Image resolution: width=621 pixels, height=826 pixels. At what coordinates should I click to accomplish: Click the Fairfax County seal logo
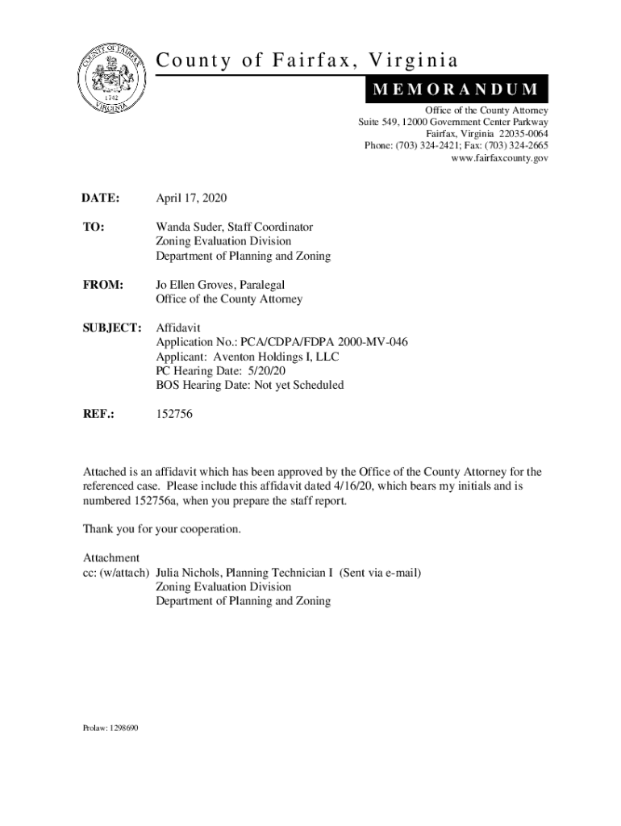[112, 82]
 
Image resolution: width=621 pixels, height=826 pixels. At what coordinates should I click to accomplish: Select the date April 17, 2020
[192, 198]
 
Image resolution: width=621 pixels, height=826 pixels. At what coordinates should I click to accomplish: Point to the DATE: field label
[101, 198]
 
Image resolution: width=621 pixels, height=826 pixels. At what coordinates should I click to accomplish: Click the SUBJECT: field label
[113, 328]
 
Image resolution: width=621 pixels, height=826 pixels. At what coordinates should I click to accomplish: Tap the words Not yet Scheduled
[300, 386]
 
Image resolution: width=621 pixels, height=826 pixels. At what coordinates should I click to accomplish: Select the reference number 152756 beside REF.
[174, 414]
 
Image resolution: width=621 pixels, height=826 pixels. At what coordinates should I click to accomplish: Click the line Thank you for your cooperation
[161, 529]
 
